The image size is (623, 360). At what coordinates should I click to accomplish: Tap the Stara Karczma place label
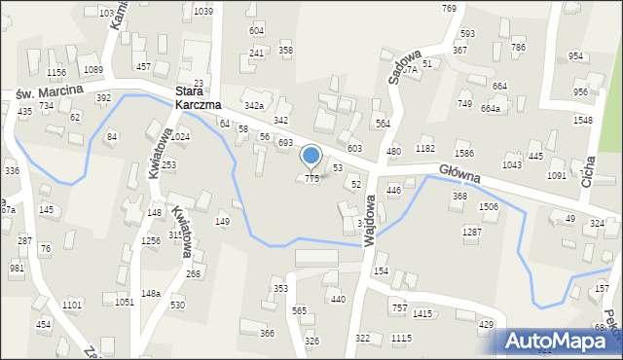[198, 97]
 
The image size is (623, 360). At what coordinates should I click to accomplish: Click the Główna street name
[460, 172]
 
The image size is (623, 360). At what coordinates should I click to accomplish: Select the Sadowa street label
[397, 66]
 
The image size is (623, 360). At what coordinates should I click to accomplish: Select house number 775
[311, 179]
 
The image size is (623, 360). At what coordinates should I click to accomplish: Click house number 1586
[464, 154]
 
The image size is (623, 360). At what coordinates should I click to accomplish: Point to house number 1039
[202, 11]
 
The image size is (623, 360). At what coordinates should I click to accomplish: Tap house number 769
[449, 8]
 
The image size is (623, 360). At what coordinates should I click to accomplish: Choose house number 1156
[55, 72]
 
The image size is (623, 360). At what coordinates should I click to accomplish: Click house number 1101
[72, 306]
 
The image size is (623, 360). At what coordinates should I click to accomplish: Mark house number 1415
[421, 313]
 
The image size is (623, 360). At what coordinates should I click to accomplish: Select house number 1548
[582, 120]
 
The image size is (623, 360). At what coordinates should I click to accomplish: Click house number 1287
[471, 232]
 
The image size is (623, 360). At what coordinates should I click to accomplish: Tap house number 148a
[150, 293]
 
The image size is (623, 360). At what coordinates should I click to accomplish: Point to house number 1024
[179, 137]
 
